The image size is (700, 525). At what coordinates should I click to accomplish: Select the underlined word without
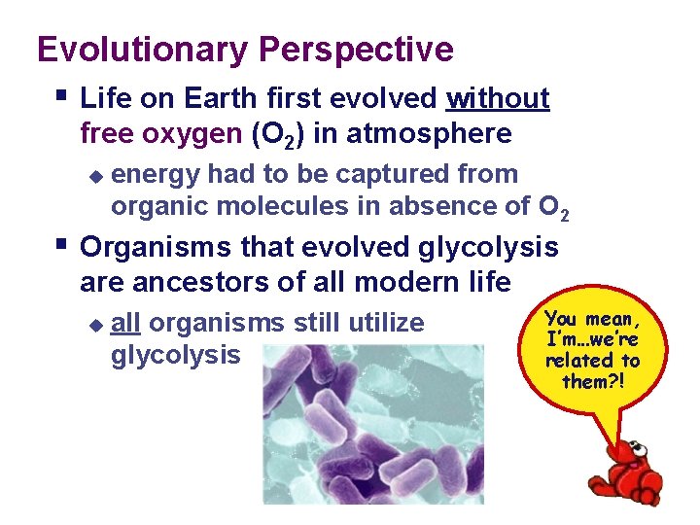click(x=498, y=98)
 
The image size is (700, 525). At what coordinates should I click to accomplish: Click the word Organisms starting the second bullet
click(x=152, y=247)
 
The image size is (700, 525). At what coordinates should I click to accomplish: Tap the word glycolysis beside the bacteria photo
click(x=175, y=355)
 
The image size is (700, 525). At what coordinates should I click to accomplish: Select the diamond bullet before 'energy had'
click(x=94, y=176)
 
